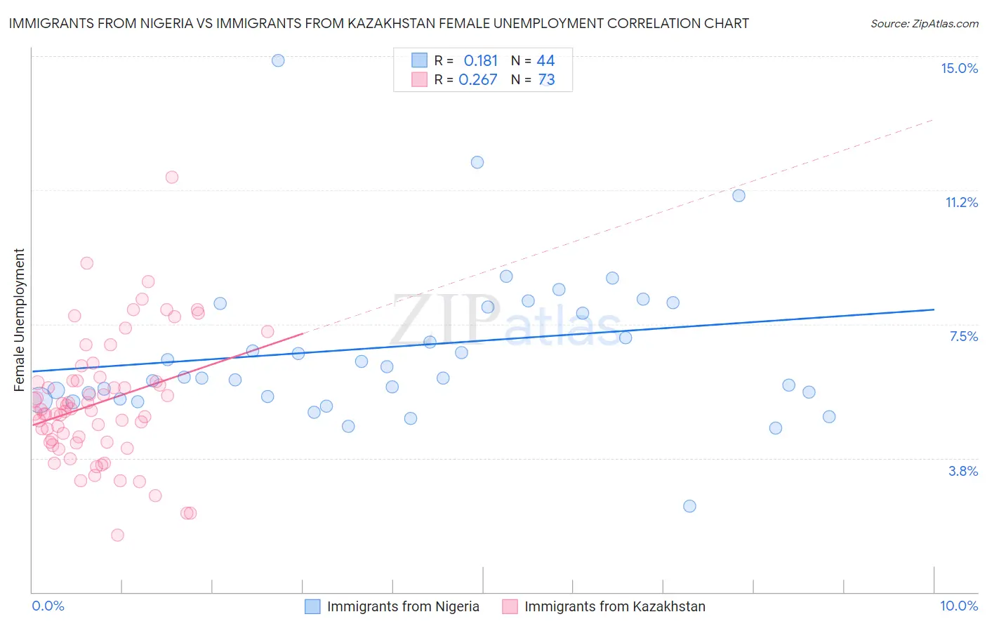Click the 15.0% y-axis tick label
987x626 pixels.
tap(959, 68)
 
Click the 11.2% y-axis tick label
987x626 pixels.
tap(961, 202)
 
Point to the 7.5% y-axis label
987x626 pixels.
tap(963, 336)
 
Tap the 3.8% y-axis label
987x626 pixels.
tap(963, 471)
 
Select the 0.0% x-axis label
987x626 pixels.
tap(48, 606)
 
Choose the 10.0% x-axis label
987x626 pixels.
tap(959, 606)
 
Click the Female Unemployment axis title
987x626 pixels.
tap(19, 319)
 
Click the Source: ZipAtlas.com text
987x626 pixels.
tap(924, 23)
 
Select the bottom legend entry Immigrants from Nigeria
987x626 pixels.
tap(403, 606)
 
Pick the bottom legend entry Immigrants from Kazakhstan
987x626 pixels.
tap(614, 606)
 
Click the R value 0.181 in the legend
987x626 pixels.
tap(480, 60)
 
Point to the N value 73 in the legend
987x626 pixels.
tap(546, 79)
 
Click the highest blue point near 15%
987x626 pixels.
tap(278, 60)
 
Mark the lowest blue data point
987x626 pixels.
tap(689, 506)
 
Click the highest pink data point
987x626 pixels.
tap(172, 177)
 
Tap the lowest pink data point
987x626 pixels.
tap(117, 535)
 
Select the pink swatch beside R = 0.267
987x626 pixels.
tap(419, 79)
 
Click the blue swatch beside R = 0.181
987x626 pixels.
tap(419, 60)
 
